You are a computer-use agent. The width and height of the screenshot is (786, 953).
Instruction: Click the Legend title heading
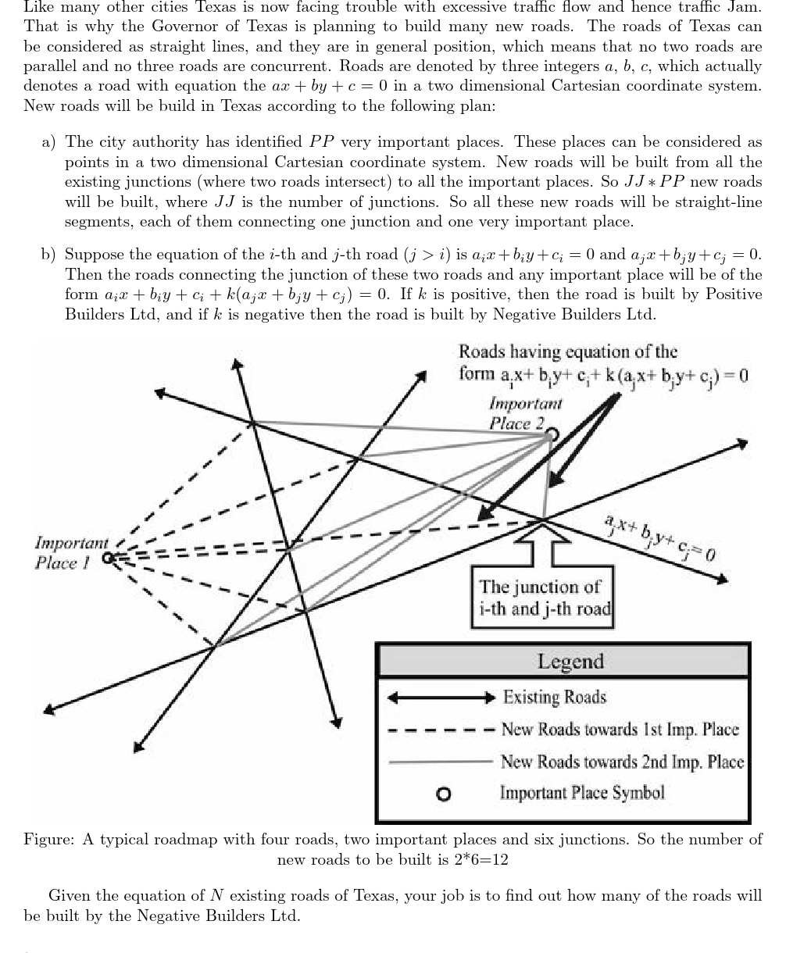coord(570,661)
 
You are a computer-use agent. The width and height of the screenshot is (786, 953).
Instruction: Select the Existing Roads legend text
coord(554,697)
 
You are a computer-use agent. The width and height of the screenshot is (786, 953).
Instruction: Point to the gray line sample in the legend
coord(440,762)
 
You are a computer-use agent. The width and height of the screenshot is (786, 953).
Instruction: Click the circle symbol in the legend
coord(443,794)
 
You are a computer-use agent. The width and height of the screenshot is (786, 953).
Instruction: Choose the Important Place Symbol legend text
coord(582,793)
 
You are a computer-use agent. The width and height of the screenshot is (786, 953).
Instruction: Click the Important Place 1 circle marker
coord(109,557)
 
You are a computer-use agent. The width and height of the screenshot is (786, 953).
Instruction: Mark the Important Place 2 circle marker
coord(552,434)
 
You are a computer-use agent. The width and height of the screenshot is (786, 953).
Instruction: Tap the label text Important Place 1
coord(71,552)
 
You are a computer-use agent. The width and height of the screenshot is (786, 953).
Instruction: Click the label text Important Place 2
coord(523,413)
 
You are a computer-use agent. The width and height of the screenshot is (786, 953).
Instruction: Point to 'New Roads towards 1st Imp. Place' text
coord(619,730)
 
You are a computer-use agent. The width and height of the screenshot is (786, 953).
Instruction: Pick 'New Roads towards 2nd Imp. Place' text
coord(622,761)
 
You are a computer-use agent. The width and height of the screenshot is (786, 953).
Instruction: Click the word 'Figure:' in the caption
coord(49,840)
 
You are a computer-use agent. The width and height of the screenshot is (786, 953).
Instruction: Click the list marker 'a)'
coord(48,142)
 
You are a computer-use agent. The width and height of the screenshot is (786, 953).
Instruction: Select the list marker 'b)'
coord(48,255)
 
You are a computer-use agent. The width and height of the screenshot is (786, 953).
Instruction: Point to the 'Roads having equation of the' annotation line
coord(568,352)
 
